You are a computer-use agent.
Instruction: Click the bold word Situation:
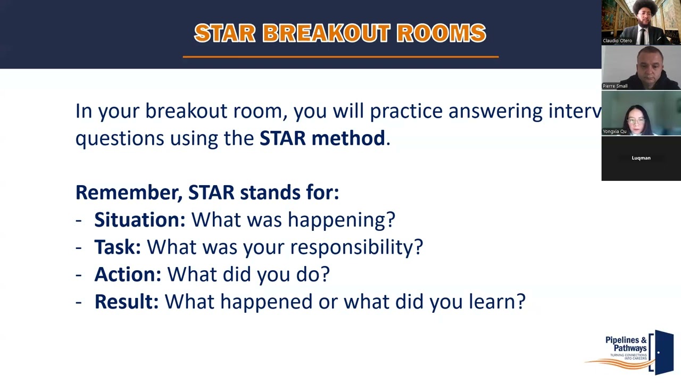tap(139, 220)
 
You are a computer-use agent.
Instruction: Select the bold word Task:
tap(117, 247)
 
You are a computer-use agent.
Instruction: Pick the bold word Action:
tap(127, 274)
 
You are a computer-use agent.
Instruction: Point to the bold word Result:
tap(126, 302)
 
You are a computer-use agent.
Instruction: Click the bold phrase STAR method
tap(322, 138)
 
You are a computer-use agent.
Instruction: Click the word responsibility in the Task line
tap(353, 247)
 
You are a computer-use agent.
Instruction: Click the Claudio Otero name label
tap(617, 40)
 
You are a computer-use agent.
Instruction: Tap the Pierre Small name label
tap(615, 86)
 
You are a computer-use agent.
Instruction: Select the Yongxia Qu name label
tap(614, 131)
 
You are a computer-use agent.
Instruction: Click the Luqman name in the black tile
tap(641, 158)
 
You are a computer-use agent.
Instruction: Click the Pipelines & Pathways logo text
tap(626, 344)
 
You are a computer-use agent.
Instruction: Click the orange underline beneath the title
tap(340, 56)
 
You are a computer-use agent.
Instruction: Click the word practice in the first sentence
tap(406, 111)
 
